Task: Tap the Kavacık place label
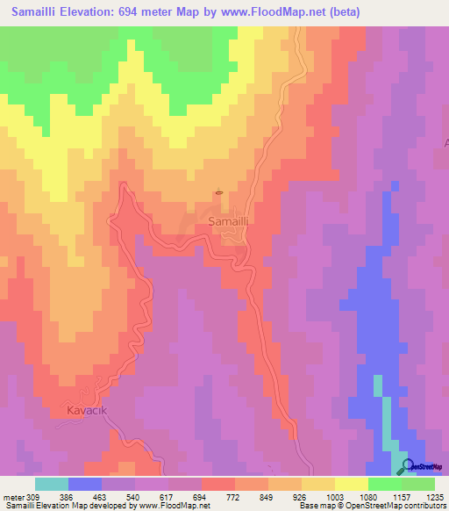pos(91,410)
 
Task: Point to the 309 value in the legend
pos(33,496)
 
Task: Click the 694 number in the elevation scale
pos(201,496)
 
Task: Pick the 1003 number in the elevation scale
pos(335,496)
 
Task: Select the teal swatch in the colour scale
pos(52,484)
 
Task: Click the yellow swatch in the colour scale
pos(352,484)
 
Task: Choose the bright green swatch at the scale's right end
pos(418,484)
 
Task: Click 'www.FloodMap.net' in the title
pos(270,12)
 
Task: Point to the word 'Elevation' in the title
pos(94,12)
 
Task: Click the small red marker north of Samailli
pos(218,193)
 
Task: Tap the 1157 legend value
pos(402,496)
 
